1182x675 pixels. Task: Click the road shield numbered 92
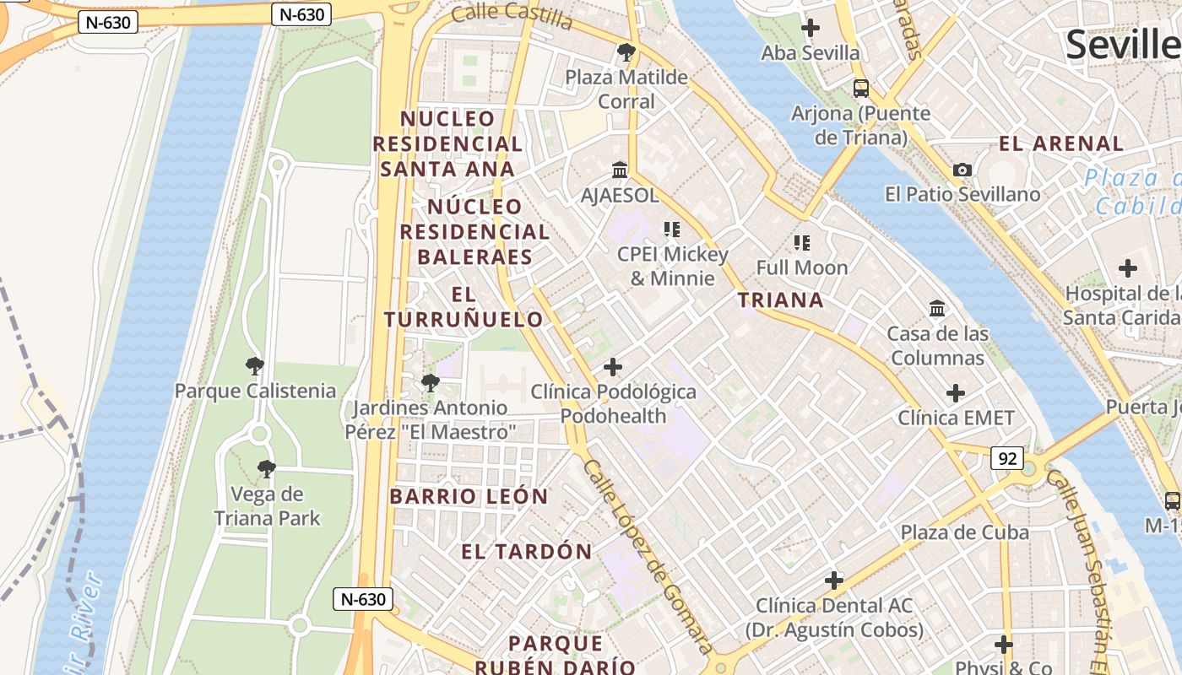pyautogui.click(x=1007, y=458)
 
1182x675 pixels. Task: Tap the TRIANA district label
pyautogui.click(x=781, y=300)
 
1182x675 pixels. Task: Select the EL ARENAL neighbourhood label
pyautogui.click(x=1061, y=143)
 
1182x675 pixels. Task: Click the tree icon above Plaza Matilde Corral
pyautogui.click(x=626, y=53)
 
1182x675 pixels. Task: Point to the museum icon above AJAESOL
pyautogui.click(x=620, y=170)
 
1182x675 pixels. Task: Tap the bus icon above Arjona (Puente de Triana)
pyautogui.click(x=861, y=88)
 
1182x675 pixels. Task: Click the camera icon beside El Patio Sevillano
pyautogui.click(x=962, y=170)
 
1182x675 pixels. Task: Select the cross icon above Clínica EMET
pyautogui.click(x=955, y=393)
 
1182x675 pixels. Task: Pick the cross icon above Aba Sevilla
pyautogui.click(x=811, y=28)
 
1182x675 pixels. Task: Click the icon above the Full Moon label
pyautogui.click(x=801, y=243)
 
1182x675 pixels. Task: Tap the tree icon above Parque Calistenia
pyautogui.click(x=254, y=366)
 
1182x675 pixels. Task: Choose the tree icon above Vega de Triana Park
pyautogui.click(x=267, y=469)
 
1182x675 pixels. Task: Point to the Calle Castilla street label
pyautogui.click(x=512, y=14)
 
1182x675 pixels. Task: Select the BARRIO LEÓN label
pyautogui.click(x=469, y=496)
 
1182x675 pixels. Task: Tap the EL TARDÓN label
pyautogui.click(x=527, y=552)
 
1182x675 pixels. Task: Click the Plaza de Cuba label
pyautogui.click(x=964, y=532)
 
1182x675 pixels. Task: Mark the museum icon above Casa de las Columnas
pyautogui.click(x=937, y=309)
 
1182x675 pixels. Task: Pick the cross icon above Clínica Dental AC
pyautogui.click(x=834, y=580)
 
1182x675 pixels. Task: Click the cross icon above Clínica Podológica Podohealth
pyautogui.click(x=613, y=367)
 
